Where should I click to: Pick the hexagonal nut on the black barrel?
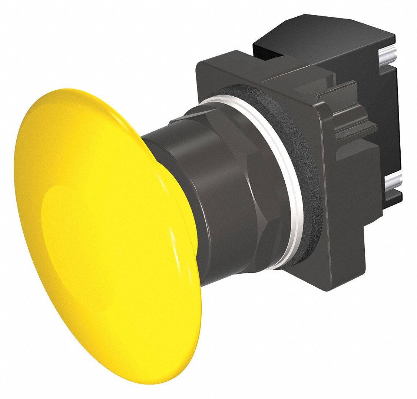point(241,193)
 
